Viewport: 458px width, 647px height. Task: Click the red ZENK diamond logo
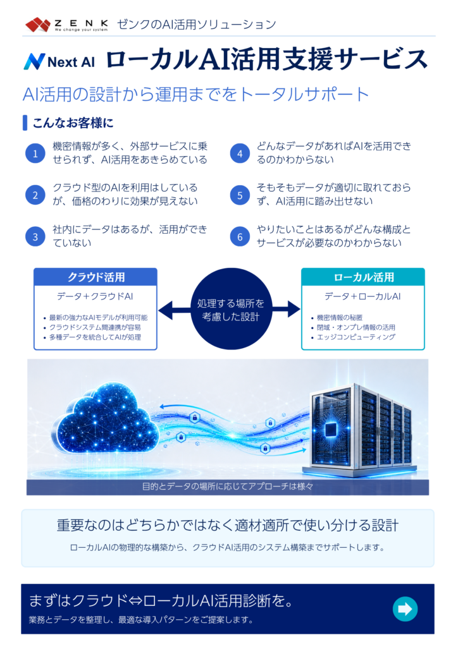[x=38, y=25]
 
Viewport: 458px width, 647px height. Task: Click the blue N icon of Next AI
[x=34, y=61]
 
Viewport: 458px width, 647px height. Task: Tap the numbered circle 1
[x=35, y=154]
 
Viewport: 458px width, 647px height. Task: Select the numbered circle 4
[x=240, y=154]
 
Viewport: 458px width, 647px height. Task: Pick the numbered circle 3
[x=35, y=236]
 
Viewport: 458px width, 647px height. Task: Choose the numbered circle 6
[x=240, y=236]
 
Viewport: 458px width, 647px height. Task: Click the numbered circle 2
[x=35, y=195]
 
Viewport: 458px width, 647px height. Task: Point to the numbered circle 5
[x=240, y=195]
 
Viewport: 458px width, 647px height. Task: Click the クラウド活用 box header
[x=96, y=277]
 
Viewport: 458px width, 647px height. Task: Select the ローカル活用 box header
[x=363, y=277]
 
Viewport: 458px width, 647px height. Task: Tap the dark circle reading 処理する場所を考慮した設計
[x=231, y=309]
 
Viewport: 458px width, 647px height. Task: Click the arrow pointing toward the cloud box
[x=174, y=310]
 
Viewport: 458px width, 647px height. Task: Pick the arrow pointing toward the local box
[x=286, y=309]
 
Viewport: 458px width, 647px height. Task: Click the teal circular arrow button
[x=405, y=608]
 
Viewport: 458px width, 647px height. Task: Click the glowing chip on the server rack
[x=331, y=429]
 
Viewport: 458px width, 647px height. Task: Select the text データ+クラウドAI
[x=95, y=296]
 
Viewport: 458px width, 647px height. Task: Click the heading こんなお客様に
[x=73, y=123]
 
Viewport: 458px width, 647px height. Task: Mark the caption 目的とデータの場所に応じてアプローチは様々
[x=228, y=487]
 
